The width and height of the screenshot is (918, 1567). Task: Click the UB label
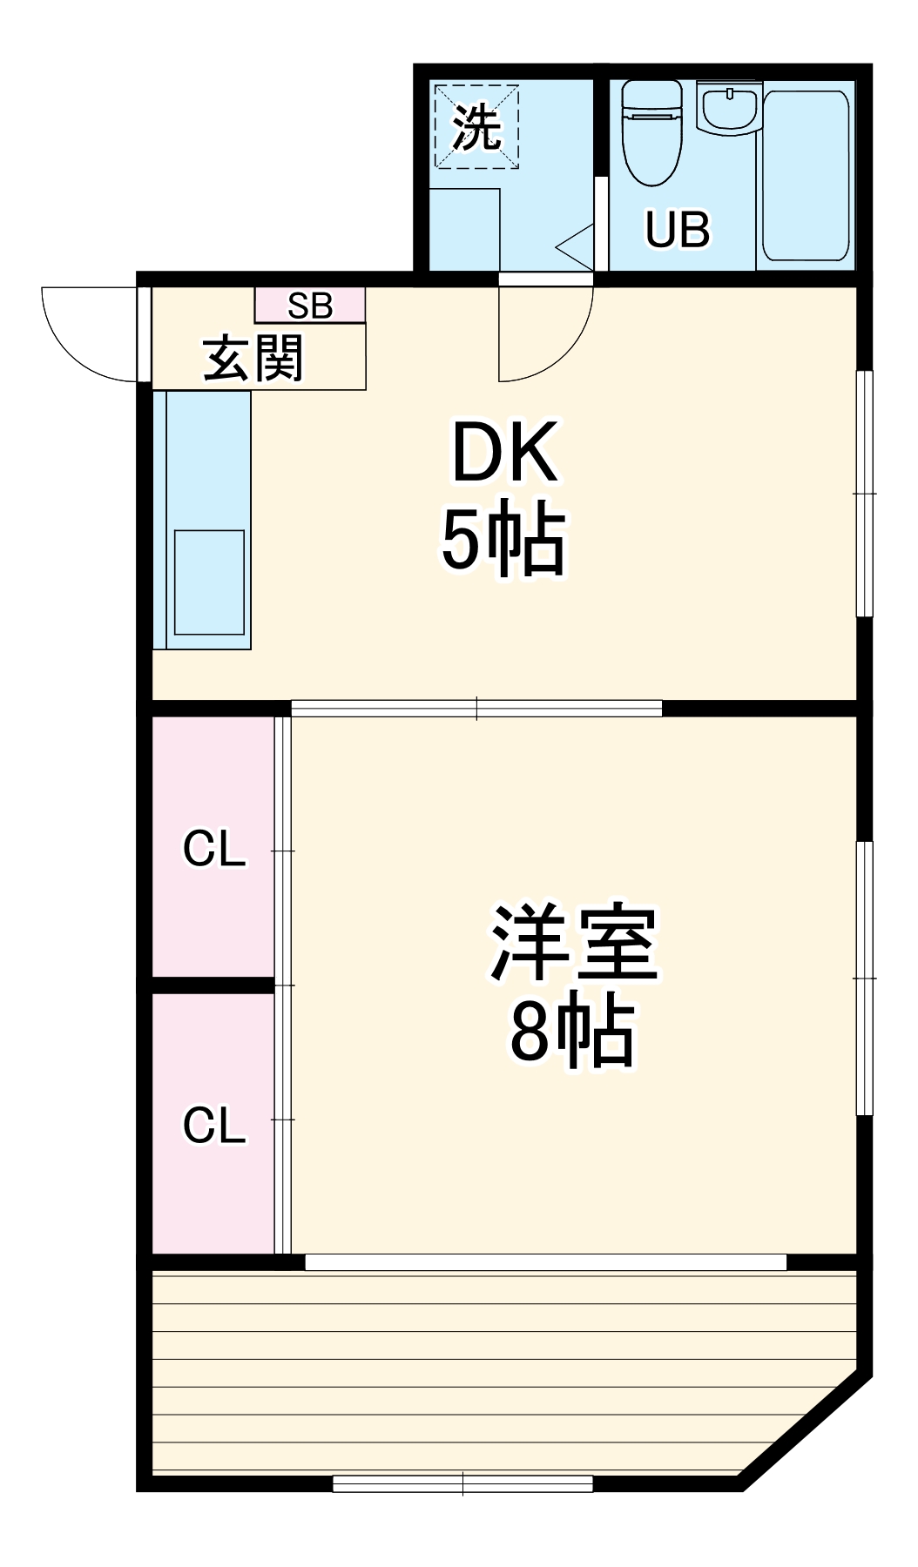click(677, 230)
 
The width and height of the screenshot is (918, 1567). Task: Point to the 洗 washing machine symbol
click(476, 127)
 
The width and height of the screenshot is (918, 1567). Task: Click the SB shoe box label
click(310, 306)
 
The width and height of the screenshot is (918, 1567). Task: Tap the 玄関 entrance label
click(253, 359)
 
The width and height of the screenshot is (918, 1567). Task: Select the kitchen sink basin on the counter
click(209, 582)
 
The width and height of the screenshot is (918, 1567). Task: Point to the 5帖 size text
click(503, 541)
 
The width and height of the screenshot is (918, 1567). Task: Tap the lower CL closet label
click(214, 1126)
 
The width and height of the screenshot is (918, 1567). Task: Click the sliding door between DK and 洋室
click(476, 709)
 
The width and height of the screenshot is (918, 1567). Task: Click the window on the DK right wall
click(864, 494)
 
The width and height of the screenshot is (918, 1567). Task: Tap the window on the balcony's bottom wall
click(462, 1483)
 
